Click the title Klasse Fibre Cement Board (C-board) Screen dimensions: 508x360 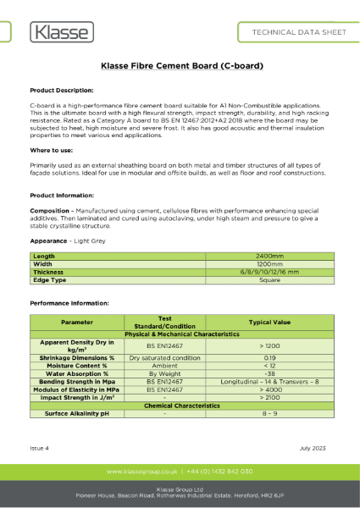tap(180, 65)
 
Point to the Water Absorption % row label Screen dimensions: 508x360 tap(77, 373)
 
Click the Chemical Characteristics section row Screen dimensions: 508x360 tap(180, 406)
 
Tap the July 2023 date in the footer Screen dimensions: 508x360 tap(313, 446)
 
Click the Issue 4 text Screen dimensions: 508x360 tap(42, 446)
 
